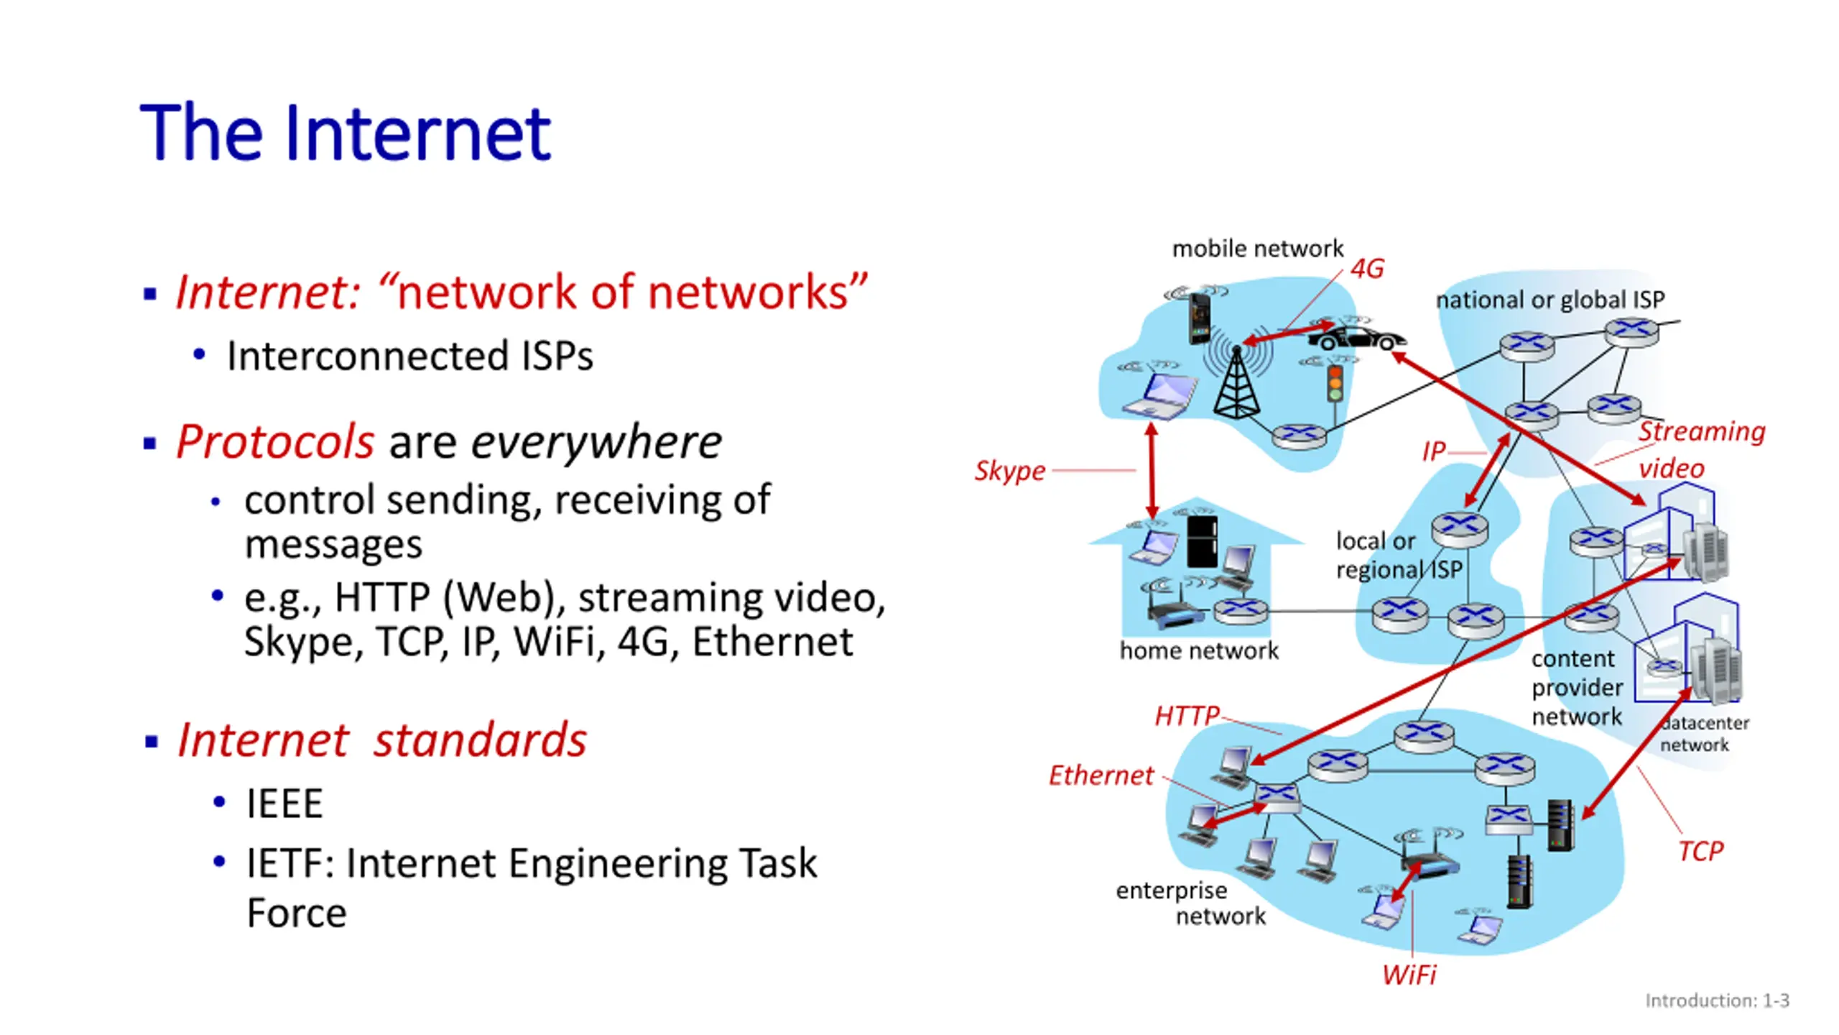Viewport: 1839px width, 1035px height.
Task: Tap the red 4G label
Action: tap(1366, 269)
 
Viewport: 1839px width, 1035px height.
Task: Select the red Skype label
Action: tap(1009, 471)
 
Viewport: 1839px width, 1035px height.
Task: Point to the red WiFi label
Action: tap(1409, 975)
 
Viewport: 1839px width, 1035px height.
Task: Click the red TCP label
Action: tap(1700, 851)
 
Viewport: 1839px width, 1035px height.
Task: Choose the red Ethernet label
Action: tap(1101, 776)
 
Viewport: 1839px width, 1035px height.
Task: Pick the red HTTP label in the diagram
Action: tap(1187, 715)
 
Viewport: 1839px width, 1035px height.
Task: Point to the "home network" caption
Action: tap(1198, 651)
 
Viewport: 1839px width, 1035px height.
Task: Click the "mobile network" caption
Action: tap(1257, 249)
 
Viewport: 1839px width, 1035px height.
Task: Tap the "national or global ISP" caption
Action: tap(1550, 300)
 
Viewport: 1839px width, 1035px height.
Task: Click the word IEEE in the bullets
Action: tap(284, 803)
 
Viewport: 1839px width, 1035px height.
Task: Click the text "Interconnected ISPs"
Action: tap(410, 356)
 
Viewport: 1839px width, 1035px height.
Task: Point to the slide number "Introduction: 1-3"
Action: tap(1717, 1000)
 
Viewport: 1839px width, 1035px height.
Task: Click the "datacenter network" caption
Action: tap(1704, 734)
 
